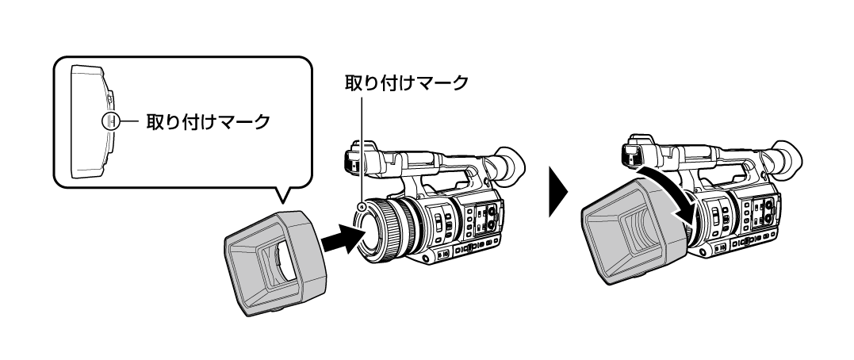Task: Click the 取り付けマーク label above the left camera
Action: click(x=406, y=83)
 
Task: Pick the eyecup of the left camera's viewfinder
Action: click(x=507, y=166)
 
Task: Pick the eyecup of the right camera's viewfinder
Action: click(x=786, y=159)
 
